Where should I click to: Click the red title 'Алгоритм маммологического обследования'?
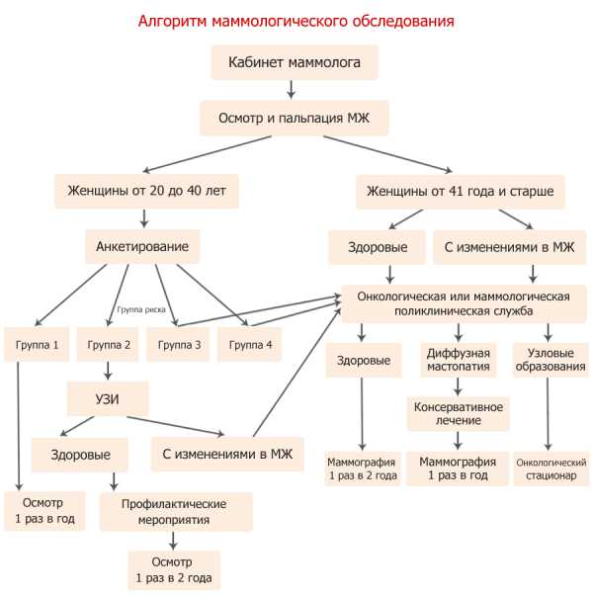pyautogui.click(x=296, y=21)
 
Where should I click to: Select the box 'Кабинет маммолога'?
pyautogui.click(x=295, y=62)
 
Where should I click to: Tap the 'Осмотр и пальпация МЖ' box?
pyautogui.click(x=295, y=118)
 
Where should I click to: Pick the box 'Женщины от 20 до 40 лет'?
pyautogui.click(x=146, y=191)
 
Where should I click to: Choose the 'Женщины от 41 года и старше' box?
pyautogui.click(x=461, y=192)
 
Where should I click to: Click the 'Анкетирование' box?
pyautogui.click(x=142, y=247)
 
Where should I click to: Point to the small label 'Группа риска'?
pyautogui.click(x=141, y=310)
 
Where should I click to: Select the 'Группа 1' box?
pyautogui.click(x=37, y=345)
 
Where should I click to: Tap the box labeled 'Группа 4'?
pyautogui.click(x=250, y=345)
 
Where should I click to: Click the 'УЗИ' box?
pyautogui.click(x=108, y=398)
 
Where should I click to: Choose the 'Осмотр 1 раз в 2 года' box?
pyautogui.click(x=174, y=570)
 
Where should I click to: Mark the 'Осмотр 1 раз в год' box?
pyautogui.click(x=44, y=511)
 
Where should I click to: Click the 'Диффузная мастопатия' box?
pyautogui.click(x=459, y=360)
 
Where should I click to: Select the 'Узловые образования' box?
pyautogui.click(x=551, y=360)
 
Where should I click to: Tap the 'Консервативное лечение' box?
pyautogui.click(x=459, y=414)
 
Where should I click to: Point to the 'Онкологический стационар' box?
pyautogui.click(x=551, y=469)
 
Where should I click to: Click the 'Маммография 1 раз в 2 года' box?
pyautogui.click(x=363, y=469)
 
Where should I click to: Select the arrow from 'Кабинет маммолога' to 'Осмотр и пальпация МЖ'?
pyautogui.click(x=292, y=90)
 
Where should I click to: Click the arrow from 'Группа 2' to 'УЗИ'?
pyautogui.click(x=108, y=371)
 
